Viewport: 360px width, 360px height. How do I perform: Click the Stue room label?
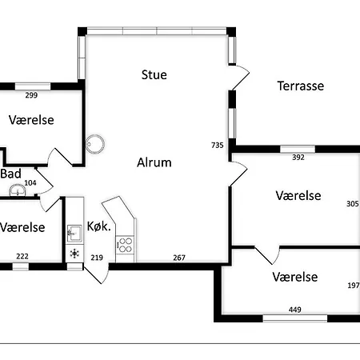tap(154, 74)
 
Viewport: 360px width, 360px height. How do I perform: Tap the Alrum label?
tap(154, 162)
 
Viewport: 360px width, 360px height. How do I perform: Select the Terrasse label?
tap(301, 86)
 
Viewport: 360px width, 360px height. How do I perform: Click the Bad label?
tap(11, 174)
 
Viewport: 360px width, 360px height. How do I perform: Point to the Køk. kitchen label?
tap(98, 226)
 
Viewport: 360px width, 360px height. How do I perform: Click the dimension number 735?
tap(218, 145)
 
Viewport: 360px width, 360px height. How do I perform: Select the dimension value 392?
tap(298, 158)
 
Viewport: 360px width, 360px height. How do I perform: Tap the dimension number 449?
tap(295, 310)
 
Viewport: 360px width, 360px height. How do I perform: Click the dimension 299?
tap(31, 95)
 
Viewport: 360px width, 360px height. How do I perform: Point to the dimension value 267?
tap(179, 258)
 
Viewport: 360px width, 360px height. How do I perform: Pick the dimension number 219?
tap(97, 258)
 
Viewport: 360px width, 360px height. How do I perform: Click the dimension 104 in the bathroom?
tap(30, 183)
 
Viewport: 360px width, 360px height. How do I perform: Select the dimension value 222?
tap(22, 256)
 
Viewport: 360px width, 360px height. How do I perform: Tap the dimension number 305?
tap(353, 204)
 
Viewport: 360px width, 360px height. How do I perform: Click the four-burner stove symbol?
tap(126, 245)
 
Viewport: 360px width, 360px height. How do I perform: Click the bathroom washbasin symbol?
tap(18, 190)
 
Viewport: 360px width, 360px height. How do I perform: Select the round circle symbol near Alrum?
tap(95, 144)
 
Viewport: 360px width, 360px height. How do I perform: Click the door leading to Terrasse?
tap(239, 78)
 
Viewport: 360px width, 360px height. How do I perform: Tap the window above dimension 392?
tap(298, 149)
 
